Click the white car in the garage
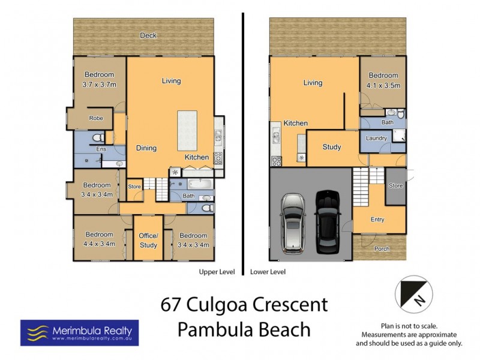point(292,221)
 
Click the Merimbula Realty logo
point(79,332)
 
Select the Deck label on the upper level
point(148,35)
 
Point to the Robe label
point(96,118)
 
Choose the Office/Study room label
point(148,241)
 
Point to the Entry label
point(377,220)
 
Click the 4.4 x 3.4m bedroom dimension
point(98,244)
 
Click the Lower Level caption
point(268,272)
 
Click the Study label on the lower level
point(331,147)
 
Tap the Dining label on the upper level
point(146,148)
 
